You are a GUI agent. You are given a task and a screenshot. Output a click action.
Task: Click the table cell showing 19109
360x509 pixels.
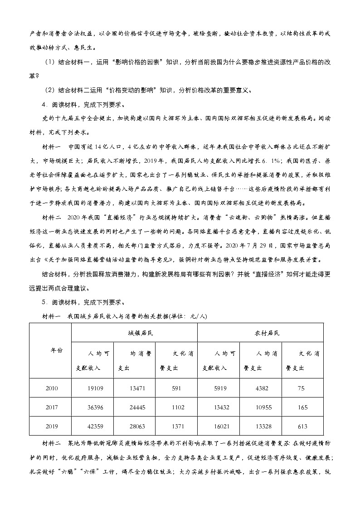[x=92, y=388]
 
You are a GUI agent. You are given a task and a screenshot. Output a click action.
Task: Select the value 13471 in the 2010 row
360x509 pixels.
[x=134, y=388]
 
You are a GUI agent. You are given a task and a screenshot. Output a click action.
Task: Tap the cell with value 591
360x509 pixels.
[x=176, y=388]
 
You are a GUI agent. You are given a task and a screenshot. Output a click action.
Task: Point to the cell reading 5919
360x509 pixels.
[x=219, y=388]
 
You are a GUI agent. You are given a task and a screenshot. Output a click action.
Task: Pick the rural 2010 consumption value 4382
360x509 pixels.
[x=262, y=388]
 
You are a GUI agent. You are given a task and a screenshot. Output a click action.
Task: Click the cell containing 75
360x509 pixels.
[x=303, y=388]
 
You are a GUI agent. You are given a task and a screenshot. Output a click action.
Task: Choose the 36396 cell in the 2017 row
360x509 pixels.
[x=92, y=407]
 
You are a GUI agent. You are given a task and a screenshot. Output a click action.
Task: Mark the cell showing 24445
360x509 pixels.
[x=134, y=407]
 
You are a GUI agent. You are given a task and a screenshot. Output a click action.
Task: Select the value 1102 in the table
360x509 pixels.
[x=176, y=407]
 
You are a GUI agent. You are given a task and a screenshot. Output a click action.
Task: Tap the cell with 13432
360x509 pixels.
[x=219, y=407]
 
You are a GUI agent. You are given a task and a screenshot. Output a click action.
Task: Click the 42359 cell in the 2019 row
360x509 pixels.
[x=92, y=427]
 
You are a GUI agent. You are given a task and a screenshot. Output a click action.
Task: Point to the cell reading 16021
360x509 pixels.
[x=219, y=427]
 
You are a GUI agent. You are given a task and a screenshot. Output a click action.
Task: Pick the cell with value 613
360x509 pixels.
[x=303, y=427]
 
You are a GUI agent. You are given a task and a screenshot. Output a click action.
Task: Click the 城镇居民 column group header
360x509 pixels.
[x=134, y=333]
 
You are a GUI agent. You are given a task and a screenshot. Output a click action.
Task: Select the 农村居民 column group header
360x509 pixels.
[x=261, y=333]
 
